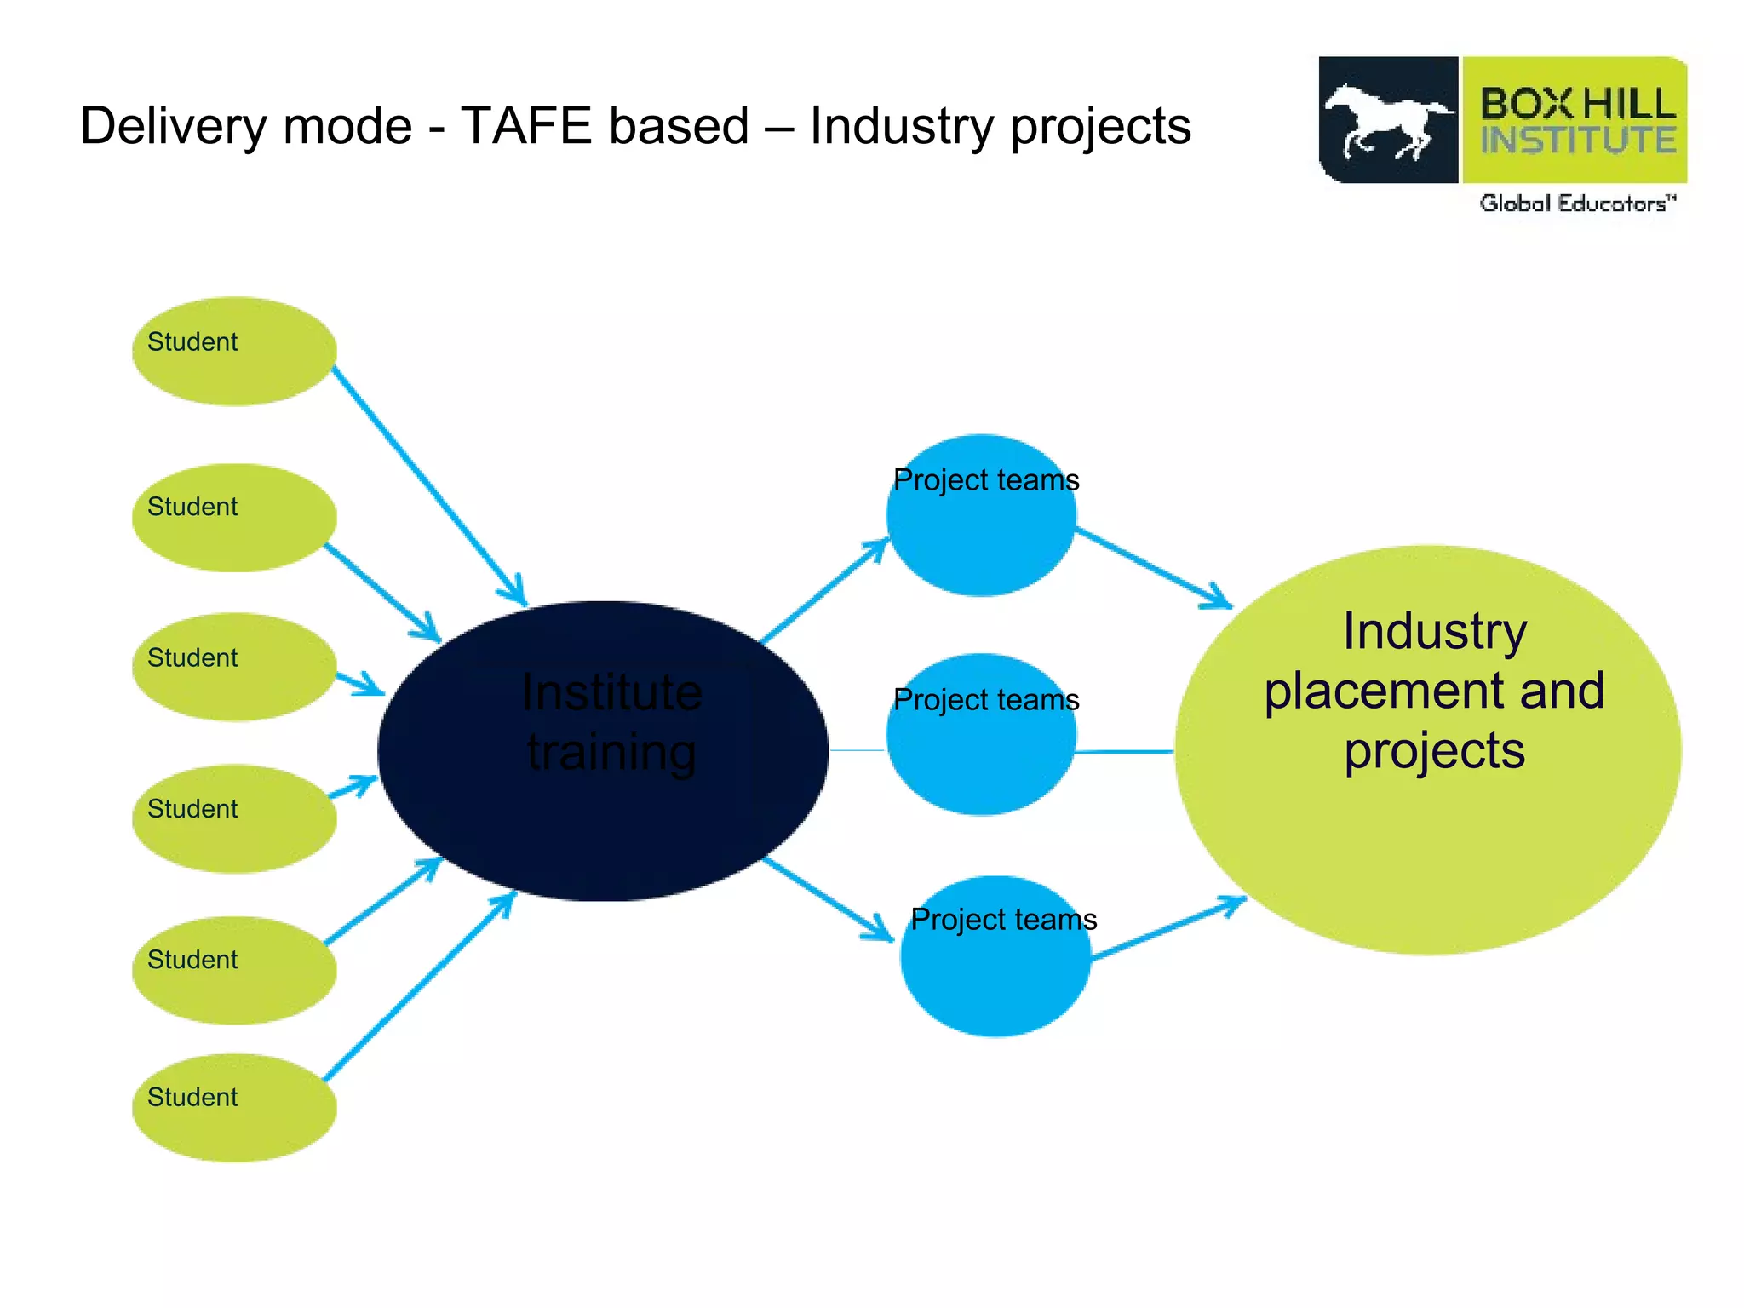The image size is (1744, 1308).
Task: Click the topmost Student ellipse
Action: tap(234, 351)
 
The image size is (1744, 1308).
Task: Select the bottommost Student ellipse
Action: tap(234, 1107)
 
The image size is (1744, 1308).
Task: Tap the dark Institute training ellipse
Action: tap(603, 817)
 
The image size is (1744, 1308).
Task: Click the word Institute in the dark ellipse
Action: tap(611, 691)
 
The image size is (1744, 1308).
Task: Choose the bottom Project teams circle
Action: tap(995, 971)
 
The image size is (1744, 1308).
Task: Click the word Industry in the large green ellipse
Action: tap(1435, 632)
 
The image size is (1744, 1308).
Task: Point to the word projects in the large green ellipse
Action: tap(1435, 751)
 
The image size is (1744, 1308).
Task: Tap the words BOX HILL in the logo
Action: tap(1577, 104)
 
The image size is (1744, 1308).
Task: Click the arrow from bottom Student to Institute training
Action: tap(417, 988)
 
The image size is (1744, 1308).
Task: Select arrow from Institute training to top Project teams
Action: tap(822, 592)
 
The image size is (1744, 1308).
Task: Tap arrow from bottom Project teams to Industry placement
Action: tap(1167, 930)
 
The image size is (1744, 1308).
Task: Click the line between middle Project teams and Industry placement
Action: tap(1124, 752)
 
